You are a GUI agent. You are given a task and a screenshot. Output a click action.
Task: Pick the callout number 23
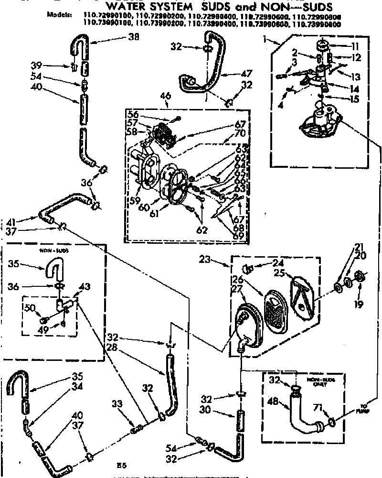point(218,261)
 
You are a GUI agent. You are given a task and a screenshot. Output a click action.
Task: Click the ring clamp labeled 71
point(330,423)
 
